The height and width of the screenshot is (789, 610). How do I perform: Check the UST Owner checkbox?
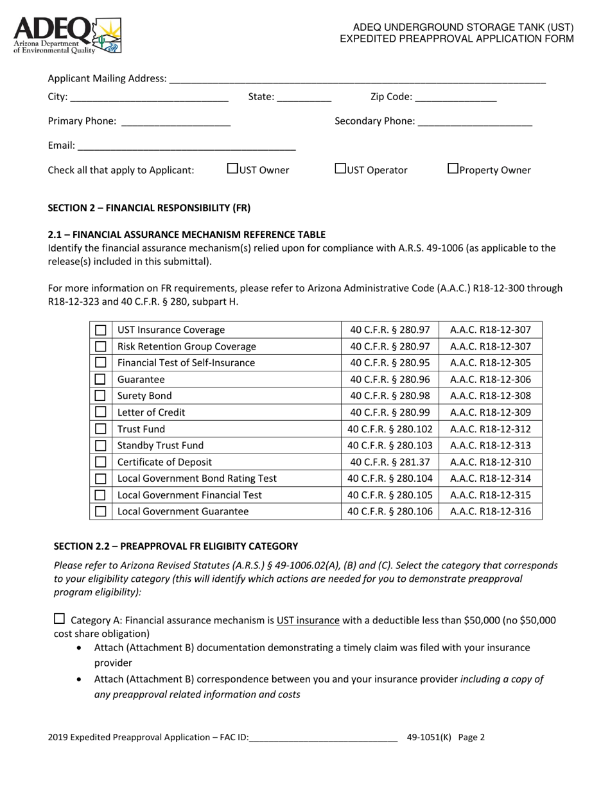coord(233,169)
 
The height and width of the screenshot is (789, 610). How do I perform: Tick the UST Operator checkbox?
coord(340,169)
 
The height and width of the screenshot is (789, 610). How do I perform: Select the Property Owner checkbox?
coord(453,169)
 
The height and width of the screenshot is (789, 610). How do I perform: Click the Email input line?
coord(186,146)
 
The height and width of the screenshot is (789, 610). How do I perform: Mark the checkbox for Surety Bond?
coord(101,396)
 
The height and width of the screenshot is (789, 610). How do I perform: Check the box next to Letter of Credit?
coord(101,412)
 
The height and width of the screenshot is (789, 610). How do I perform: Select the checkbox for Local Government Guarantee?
coord(101,511)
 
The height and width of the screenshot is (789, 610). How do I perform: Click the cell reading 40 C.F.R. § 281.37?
coord(390,462)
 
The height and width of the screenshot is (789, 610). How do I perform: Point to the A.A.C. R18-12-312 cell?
coord(491,429)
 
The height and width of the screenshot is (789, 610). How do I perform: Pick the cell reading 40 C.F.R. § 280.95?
coord(390,362)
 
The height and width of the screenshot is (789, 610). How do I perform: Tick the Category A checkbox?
coord(59,619)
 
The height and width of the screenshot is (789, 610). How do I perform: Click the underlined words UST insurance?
coord(308,620)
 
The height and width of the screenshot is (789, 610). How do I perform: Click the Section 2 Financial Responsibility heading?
coord(149,208)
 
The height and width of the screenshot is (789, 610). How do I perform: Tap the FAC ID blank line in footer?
coord(323,738)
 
